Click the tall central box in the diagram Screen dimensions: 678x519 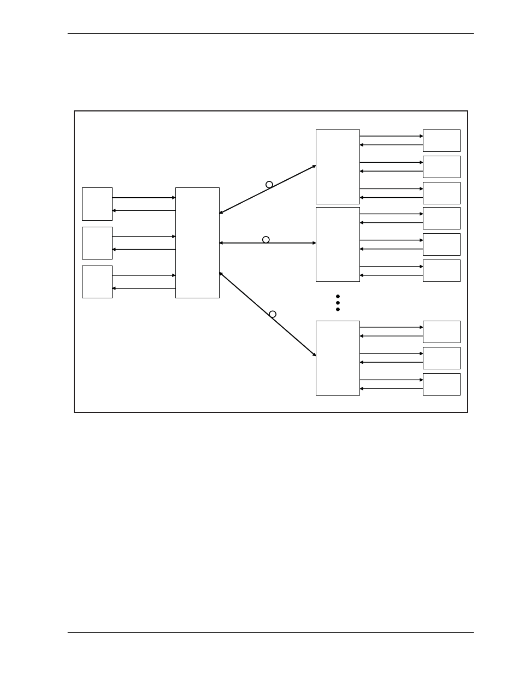coord(197,243)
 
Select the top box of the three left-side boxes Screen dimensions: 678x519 coord(97,204)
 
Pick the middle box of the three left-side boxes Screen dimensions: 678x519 coord(97,243)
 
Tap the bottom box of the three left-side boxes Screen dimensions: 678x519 coord(97,282)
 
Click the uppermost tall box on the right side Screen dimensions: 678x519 coord(338,167)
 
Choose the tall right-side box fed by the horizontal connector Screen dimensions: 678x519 coord(338,244)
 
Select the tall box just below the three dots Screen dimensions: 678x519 coord(338,358)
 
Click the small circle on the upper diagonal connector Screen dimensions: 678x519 coord(269,185)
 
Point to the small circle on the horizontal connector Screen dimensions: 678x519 coord(266,240)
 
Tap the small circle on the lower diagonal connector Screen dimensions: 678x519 coord(273,314)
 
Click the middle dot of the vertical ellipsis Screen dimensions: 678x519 coord(338,303)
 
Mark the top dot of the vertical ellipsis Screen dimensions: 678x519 coord(338,296)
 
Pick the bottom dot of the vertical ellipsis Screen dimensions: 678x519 coord(338,309)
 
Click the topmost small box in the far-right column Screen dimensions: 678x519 coord(441,140)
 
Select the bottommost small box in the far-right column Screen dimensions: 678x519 coord(441,384)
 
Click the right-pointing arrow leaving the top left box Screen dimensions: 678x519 coord(144,198)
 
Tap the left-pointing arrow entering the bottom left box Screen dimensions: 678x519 coord(144,288)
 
